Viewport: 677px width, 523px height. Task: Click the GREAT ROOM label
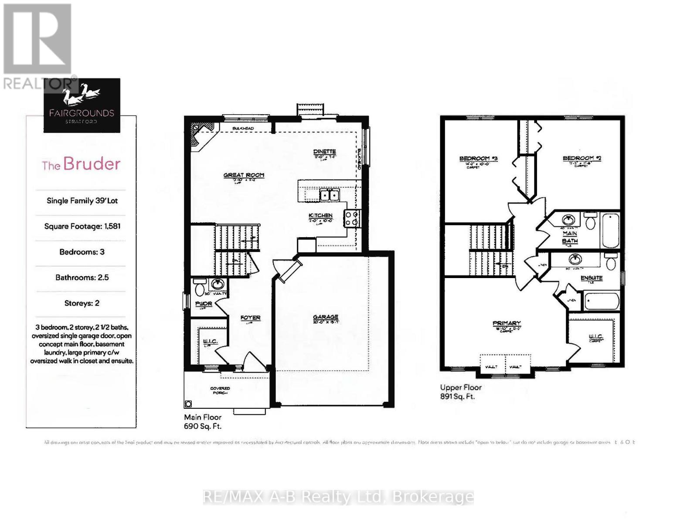[244, 175]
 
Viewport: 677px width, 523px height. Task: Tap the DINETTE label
[324, 152]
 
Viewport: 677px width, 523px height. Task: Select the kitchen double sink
[329, 195]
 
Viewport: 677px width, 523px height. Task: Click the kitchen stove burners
[352, 218]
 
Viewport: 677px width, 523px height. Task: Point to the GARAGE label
[326, 317]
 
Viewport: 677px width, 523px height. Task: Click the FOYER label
[250, 318]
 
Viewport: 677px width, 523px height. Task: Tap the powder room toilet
[200, 289]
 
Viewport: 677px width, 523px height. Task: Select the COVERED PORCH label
[220, 390]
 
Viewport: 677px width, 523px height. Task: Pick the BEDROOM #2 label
[582, 158]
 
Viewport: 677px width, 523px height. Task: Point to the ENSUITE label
[592, 278]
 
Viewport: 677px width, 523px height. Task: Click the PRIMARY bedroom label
[507, 323]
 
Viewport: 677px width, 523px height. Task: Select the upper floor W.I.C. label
[595, 336]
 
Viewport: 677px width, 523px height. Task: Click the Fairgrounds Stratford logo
[82, 105]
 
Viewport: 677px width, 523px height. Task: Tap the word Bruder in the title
[92, 164]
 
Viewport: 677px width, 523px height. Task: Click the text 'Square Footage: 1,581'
[82, 226]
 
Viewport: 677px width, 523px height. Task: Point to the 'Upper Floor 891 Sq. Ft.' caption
[460, 392]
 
